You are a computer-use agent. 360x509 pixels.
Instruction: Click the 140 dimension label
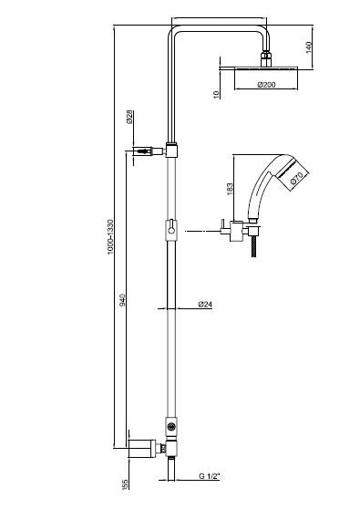[308, 47]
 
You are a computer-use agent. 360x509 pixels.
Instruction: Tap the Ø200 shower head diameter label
[267, 85]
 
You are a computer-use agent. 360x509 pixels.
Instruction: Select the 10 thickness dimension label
[216, 94]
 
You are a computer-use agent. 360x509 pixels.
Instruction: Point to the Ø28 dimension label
[129, 117]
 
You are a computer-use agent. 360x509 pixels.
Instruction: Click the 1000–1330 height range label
[110, 236]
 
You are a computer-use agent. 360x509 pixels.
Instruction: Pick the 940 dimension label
[122, 300]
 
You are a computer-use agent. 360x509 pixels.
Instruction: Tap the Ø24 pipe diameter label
[205, 305]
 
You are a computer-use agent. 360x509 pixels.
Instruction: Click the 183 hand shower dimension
[230, 189]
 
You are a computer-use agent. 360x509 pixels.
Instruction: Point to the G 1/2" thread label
[210, 476]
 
